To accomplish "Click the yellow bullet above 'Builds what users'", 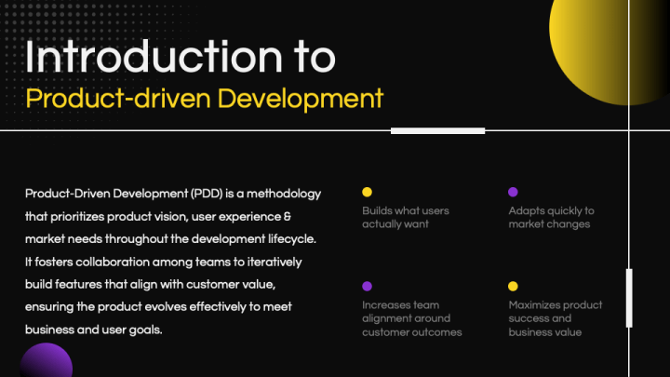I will point(367,192).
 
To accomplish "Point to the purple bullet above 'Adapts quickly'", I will point(513,192).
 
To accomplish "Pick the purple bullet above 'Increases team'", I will point(367,286).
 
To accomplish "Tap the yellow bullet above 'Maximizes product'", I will point(513,286).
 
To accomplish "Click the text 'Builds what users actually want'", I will point(405,218).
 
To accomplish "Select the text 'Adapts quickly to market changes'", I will point(551,218).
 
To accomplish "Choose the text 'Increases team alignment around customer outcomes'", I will point(411,318).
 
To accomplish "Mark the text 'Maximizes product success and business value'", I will point(555,318).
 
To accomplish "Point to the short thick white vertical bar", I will point(629,297).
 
